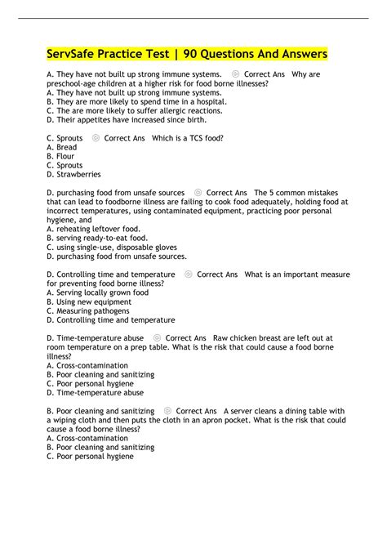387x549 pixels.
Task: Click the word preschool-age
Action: [77, 83]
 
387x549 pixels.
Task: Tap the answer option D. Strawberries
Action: [74, 174]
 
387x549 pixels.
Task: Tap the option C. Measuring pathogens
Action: [88, 310]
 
